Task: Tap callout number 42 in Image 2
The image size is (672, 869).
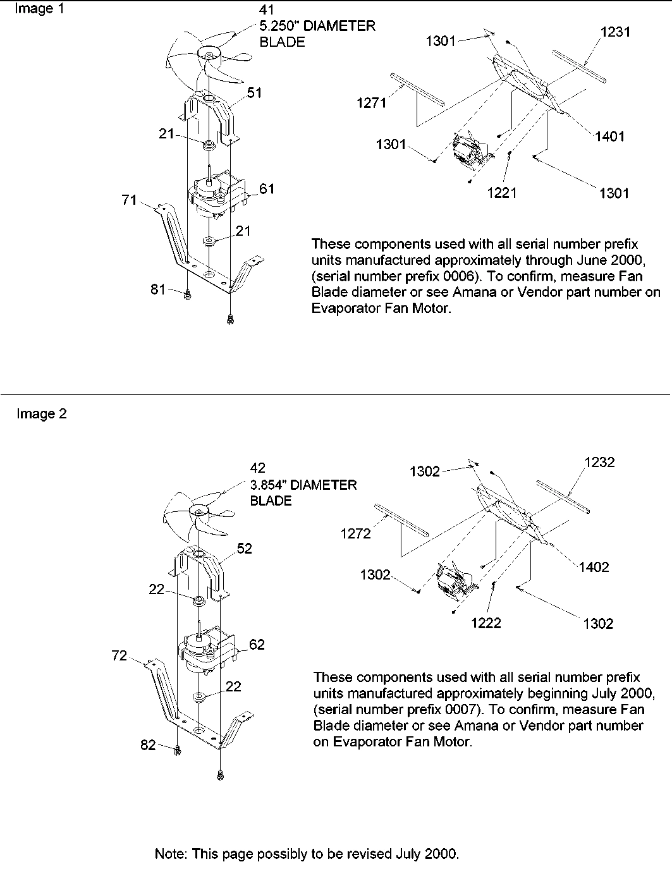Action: (x=258, y=468)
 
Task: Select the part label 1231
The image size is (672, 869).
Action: (x=615, y=32)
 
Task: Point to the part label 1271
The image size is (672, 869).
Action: (x=371, y=103)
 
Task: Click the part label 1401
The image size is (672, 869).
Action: (x=609, y=137)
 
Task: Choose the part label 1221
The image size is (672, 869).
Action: (x=502, y=193)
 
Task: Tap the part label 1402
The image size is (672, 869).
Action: (x=593, y=567)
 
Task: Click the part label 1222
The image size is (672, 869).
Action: (x=486, y=623)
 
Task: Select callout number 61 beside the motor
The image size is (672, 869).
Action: (x=267, y=189)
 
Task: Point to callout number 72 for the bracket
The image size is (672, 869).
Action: (x=119, y=656)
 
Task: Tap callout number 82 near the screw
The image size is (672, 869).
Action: (x=148, y=746)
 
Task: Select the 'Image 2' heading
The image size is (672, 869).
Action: (x=41, y=414)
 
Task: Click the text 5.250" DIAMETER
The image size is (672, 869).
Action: (x=317, y=27)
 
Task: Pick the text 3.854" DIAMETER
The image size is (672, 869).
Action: (x=303, y=485)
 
